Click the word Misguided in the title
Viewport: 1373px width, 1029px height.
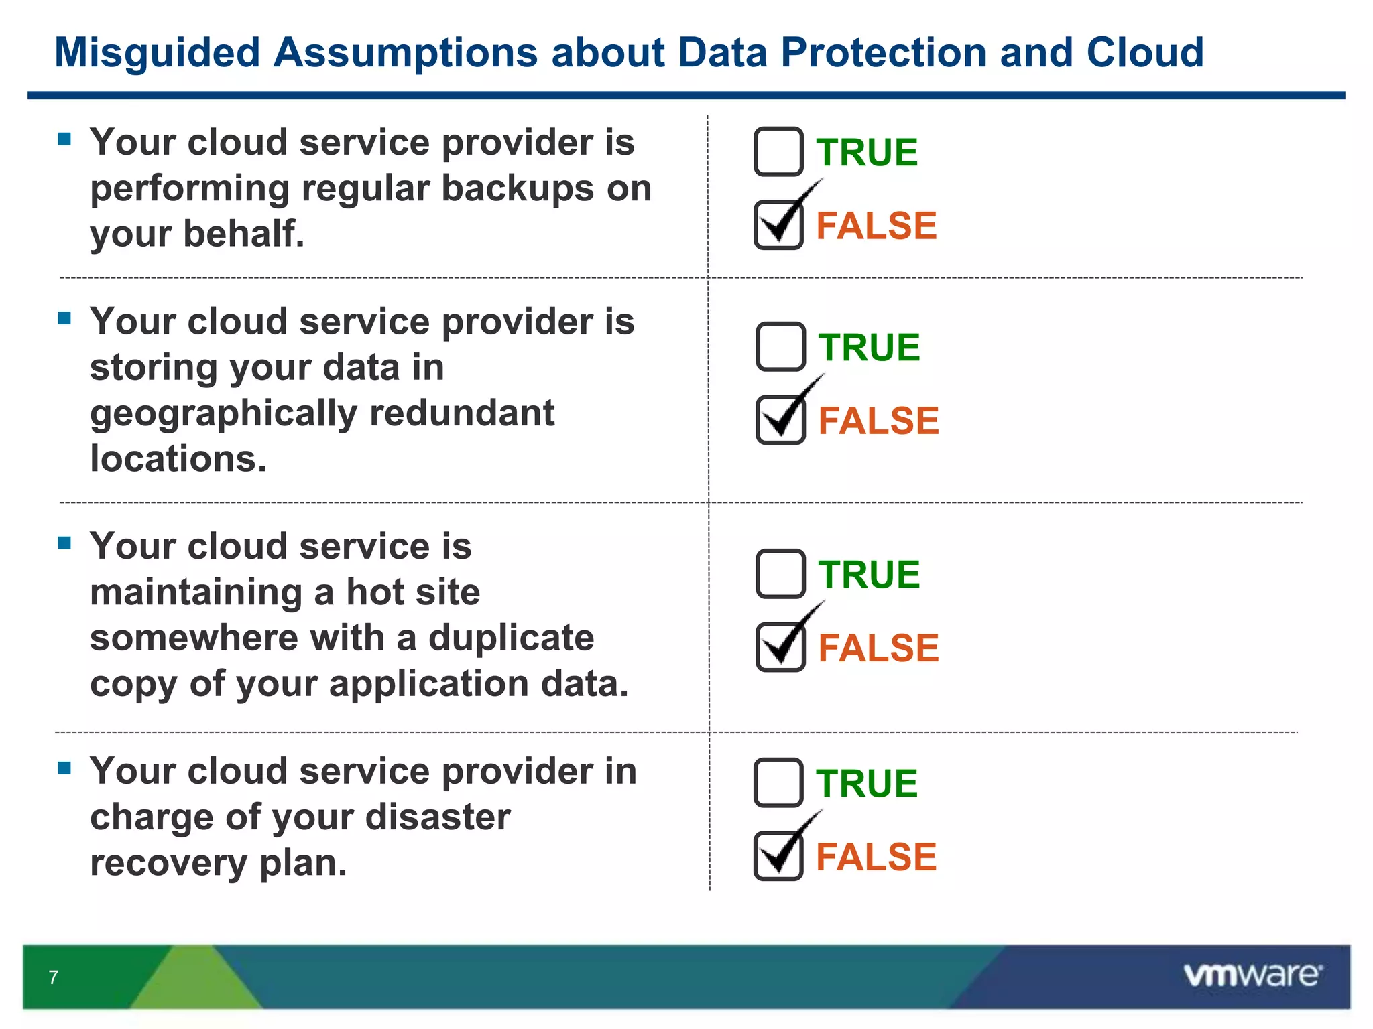157,53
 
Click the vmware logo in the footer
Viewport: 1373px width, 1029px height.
1252,975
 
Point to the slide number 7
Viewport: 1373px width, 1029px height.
54,977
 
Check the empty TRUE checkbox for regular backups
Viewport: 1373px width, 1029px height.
778,151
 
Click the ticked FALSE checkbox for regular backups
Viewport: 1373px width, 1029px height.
778,225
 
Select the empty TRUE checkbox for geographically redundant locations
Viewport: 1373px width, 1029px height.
780,346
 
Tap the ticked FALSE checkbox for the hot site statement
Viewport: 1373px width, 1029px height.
780,647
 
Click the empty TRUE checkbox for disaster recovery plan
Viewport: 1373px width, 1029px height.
778,782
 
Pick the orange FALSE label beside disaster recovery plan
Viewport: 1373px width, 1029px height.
876,857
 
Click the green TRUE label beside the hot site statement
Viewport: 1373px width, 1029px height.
869,575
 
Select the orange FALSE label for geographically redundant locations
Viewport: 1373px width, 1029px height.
878,421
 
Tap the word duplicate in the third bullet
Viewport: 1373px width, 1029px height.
511,637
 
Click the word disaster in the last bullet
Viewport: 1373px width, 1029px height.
437,817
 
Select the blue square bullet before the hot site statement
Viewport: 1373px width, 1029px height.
65,543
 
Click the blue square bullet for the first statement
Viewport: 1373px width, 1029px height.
65,139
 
